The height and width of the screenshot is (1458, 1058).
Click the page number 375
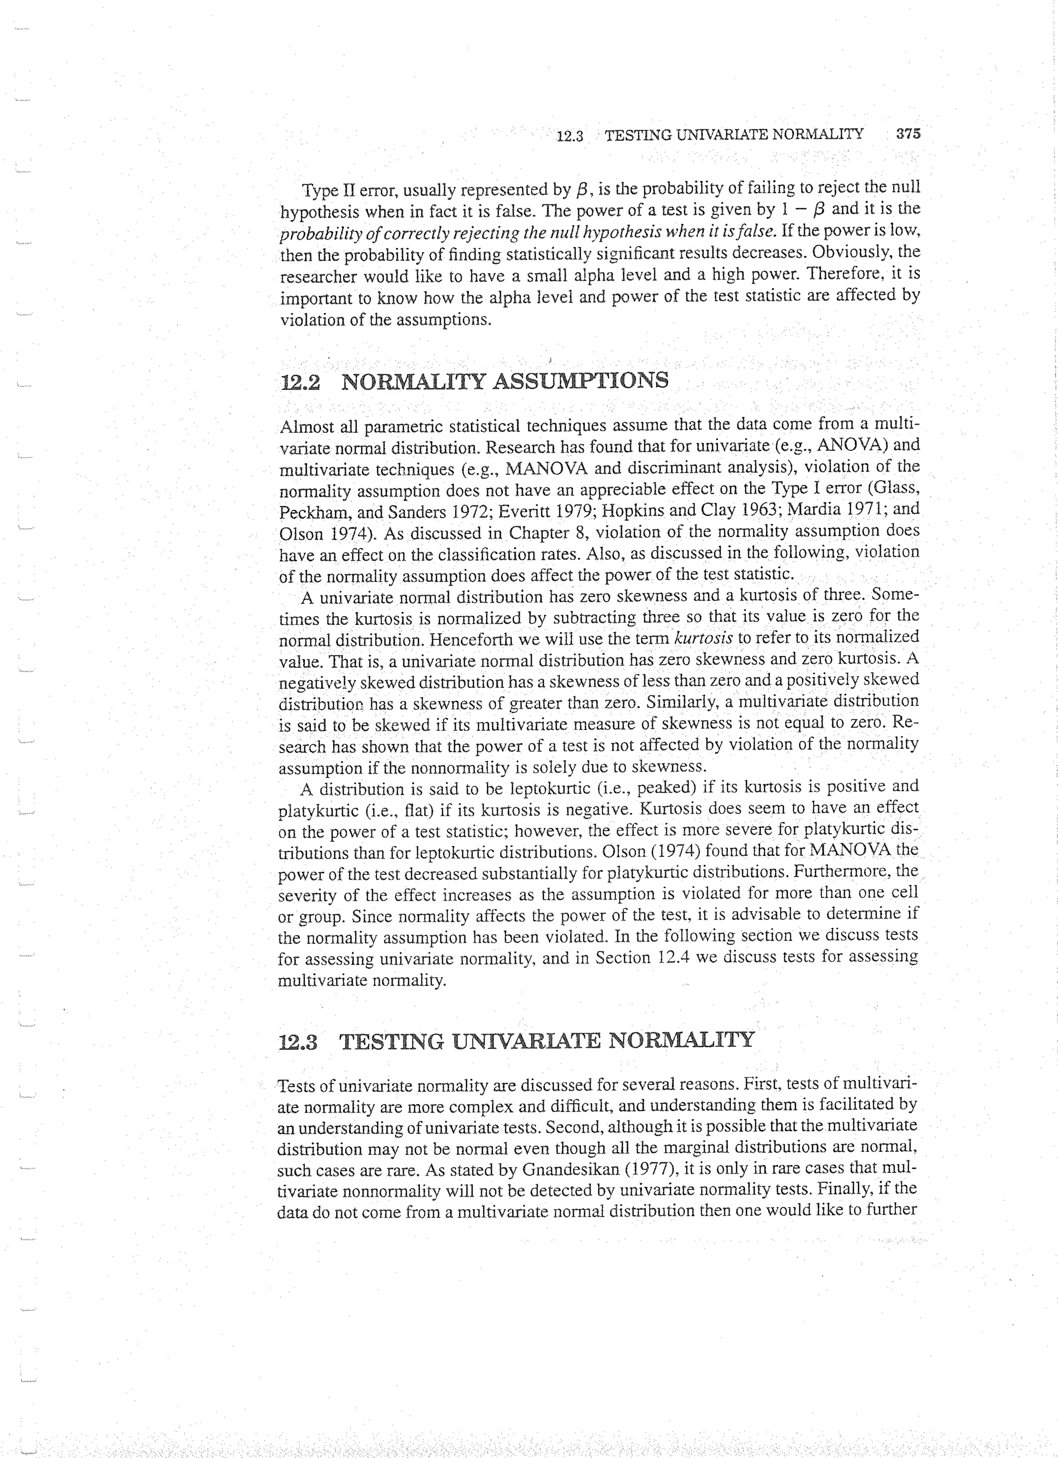tap(908, 134)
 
